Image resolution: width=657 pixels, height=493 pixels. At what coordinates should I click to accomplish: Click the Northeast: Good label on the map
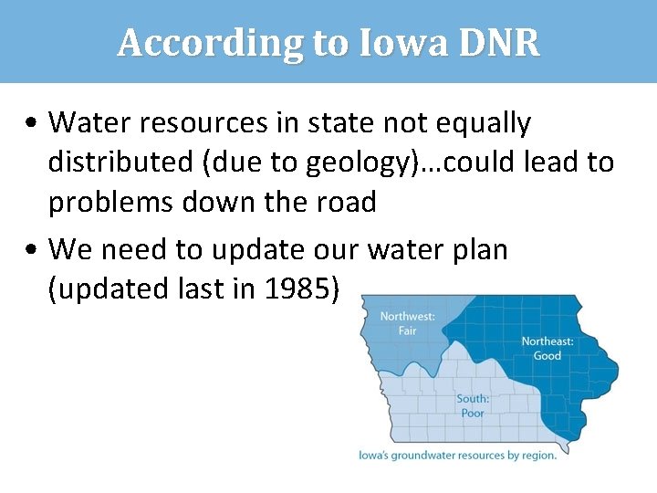coord(547,348)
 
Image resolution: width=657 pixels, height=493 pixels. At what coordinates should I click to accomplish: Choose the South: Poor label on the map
coord(473,405)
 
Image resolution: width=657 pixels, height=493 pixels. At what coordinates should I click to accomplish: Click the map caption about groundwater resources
coord(456,455)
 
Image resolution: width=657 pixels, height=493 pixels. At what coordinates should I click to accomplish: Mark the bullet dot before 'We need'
coord(32,249)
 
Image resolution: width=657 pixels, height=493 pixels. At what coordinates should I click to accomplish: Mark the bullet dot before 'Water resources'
coord(32,122)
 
